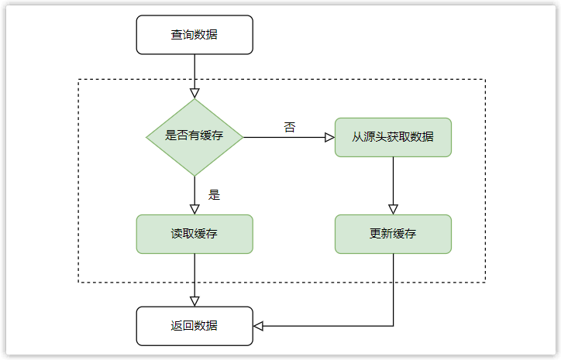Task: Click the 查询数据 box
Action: coord(194,35)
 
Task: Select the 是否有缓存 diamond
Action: coord(194,137)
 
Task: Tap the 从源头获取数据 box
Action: coord(393,137)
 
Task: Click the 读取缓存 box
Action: coord(194,234)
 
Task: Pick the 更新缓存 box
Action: coord(393,234)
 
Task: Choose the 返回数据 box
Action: coord(194,326)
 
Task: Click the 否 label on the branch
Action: coord(290,127)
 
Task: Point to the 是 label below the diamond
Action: coord(215,194)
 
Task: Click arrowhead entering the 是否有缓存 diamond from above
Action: coord(194,93)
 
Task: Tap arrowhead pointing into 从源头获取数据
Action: coord(329,137)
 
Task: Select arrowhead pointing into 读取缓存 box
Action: coord(194,209)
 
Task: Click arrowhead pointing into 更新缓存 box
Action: coord(393,209)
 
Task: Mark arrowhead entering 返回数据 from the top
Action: coord(194,301)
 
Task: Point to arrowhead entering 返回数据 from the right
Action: coord(259,326)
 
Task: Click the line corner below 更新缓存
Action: coord(393,326)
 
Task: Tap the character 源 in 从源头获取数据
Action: coord(370,137)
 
